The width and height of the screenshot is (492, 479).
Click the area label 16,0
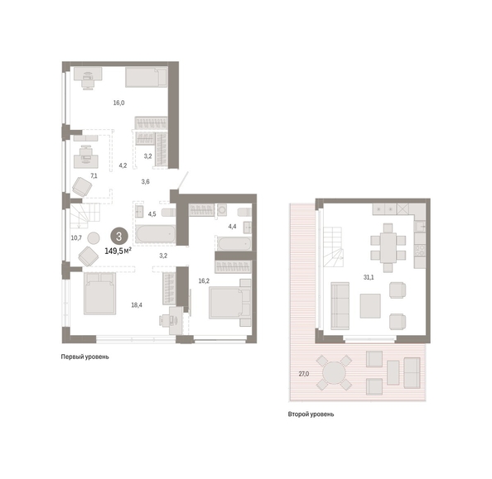coord(118,103)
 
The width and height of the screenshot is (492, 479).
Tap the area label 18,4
coord(137,304)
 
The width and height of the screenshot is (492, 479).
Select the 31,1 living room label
coord(369,277)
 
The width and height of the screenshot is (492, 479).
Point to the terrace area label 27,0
coord(304,374)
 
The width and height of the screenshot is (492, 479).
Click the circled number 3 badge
coord(119,236)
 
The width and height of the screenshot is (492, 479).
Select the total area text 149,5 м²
coord(118,251)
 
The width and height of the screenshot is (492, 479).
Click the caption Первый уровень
coord(84,357)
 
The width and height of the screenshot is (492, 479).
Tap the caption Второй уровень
coord(311,414)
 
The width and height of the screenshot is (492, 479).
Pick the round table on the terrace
coord(334,373)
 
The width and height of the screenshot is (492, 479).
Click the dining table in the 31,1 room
coord(388,247)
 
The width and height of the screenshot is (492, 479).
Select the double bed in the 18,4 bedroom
coord(99,294)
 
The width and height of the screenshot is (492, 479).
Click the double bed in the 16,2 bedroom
coord(230,303)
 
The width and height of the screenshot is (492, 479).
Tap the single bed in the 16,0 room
coord(147,77)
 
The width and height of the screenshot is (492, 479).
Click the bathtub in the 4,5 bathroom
coord(156,234)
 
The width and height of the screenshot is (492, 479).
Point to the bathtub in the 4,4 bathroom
coord(234,243)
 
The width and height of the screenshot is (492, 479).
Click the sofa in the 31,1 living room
coord(340,306)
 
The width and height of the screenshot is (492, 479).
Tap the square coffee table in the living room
coord(370,306)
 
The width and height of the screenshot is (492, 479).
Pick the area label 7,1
coord(94,176)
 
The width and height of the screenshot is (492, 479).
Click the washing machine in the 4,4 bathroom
coord(222,210)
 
